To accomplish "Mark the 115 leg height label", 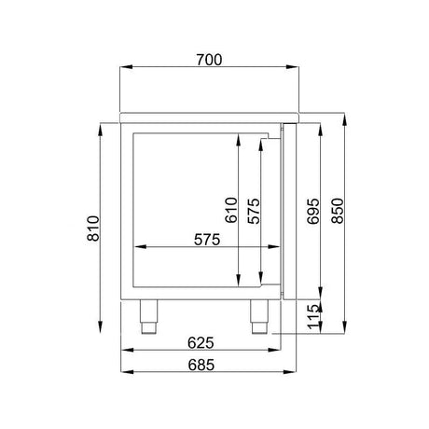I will (x=313, y=318).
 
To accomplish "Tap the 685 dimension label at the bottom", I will (x=202, y=365).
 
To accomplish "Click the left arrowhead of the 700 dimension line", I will (x=124, y=68).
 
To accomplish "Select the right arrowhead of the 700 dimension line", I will (x=294, y=68).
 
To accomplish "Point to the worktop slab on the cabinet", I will (x=209, y=118).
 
